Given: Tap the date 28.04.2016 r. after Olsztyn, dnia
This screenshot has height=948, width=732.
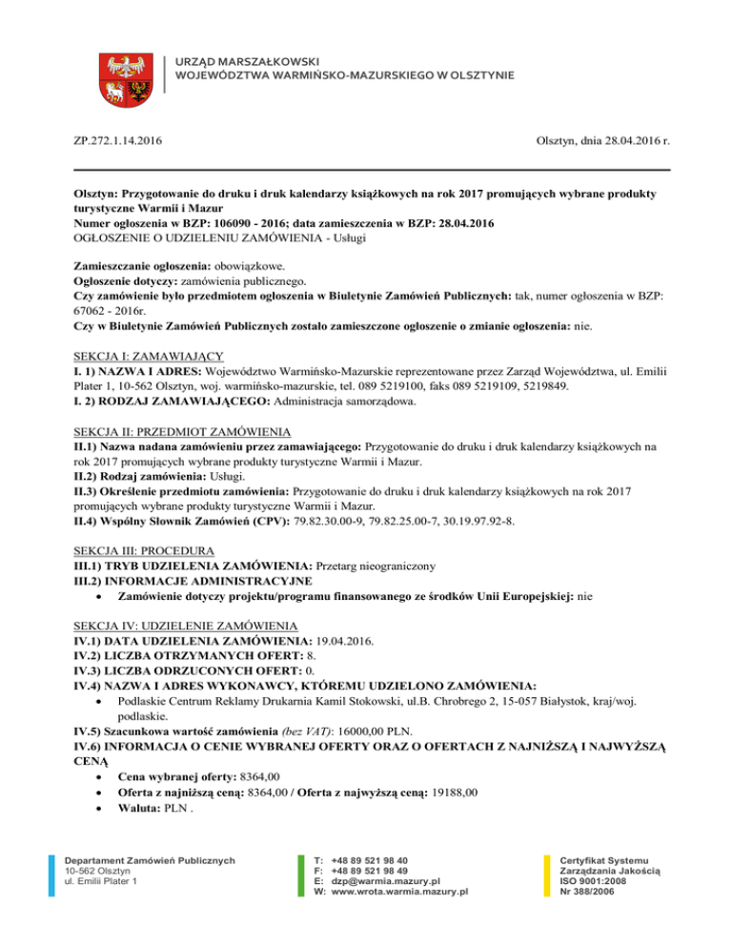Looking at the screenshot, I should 629,142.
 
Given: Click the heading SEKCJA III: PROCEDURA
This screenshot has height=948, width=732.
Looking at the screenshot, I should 146,550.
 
